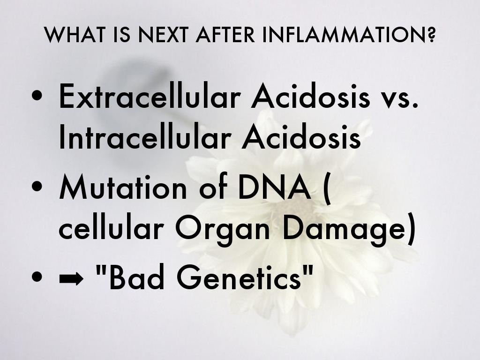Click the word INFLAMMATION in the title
pyautogui.click(x=349, y=35)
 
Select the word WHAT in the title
pyautogui.click(x=75, y=35)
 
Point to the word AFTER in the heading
pyautogui.click(x=225, y=35)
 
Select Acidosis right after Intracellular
pyautogui.click(x=301, y=136)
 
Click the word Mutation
pyautogui.click(x=123, y=186)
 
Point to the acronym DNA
pyautogui.click(x=274, y=186)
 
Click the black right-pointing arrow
pyautogui.click(x=71, y=278)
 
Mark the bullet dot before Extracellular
pyautogui.click(x=37, y=95)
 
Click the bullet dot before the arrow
pyautogui.click(x=37, y=277)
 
